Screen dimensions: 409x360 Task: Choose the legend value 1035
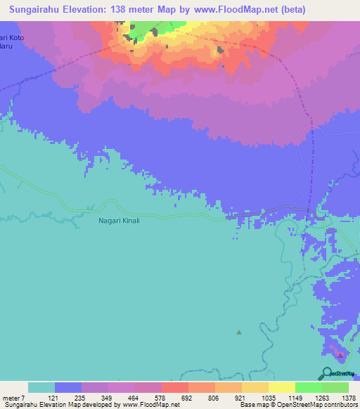click(x=268, y=398)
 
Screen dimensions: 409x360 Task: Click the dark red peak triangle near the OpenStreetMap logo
click(x=340, y=355)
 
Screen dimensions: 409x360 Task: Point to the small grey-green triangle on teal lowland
click(x=239, y=332)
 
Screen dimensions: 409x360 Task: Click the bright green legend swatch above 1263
click(x=309, y=387)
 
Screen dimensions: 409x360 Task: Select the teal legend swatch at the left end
click(x=41, y=387)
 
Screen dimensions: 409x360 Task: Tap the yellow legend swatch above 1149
click(x=282, y=387)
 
